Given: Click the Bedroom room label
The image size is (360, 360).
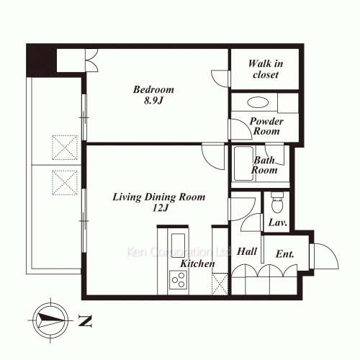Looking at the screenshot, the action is [x=153, y=89].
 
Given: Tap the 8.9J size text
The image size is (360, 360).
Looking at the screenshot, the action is [x=153, y=100].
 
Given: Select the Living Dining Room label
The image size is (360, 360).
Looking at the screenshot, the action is [x=159, y=197].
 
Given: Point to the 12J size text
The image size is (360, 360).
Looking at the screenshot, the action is [x=160, y=208].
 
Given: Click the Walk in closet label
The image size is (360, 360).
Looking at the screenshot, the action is [x=266, y=69].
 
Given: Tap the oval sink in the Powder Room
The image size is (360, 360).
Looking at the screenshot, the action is [x=258, y=102].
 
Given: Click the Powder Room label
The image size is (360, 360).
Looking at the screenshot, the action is [x=266, y=126].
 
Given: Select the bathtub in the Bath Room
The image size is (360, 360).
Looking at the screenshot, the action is [x=243, y=163].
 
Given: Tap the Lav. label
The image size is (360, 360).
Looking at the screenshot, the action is [x=278, y=222].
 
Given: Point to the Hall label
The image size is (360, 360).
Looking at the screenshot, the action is [x=247, y=251].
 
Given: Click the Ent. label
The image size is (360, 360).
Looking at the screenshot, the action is [x=284, y=254].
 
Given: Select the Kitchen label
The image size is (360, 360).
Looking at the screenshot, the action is [x=197, y=264].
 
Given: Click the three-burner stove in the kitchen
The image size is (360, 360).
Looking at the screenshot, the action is [x=179, y=280].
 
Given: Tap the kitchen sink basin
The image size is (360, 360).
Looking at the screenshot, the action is [x=178, y=246].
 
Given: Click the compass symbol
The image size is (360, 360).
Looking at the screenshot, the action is [x=50, y=320].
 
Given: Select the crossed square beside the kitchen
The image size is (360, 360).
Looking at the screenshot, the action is [x=220, y=284].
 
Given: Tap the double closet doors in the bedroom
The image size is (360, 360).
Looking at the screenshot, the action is [x=92, y=60].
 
